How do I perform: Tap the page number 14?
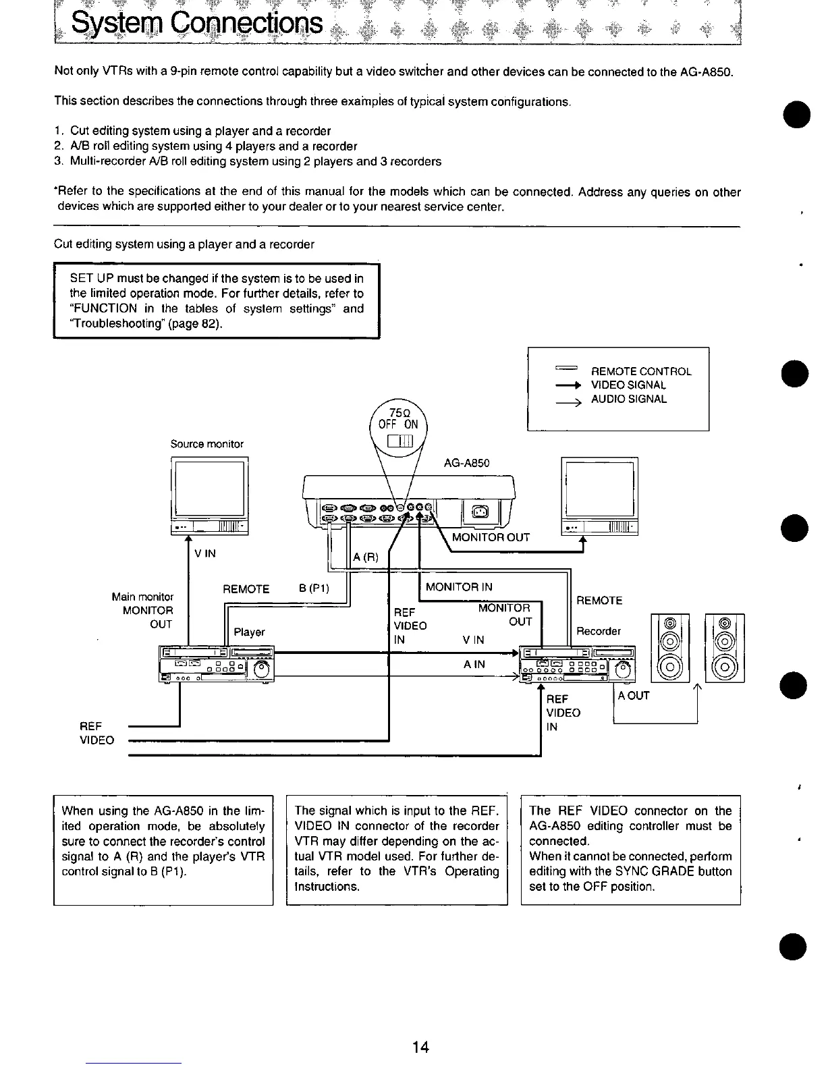(x=420, y=1047)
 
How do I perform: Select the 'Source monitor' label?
(x=206, y=443)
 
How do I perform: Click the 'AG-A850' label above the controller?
(x=466, y=463)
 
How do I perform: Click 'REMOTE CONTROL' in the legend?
(x=640, y=371)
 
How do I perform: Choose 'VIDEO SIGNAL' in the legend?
(x=628, y=385)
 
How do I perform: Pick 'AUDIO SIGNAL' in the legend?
(x=628, y=399)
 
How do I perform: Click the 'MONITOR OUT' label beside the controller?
(x=491, y=537)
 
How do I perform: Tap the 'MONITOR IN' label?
(x=459, y=586)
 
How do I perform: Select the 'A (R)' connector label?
(x=366, y=557)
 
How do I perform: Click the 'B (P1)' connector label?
(x=314, y=587)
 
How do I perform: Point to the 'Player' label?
(x=249, y=632)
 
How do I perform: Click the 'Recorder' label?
(x=599, y=631)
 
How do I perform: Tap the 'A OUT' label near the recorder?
(x=633, y=695)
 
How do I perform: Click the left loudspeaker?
(x=670, y=649)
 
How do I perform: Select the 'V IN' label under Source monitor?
(x=204, y=553)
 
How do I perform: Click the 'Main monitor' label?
(x=142, y=597)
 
